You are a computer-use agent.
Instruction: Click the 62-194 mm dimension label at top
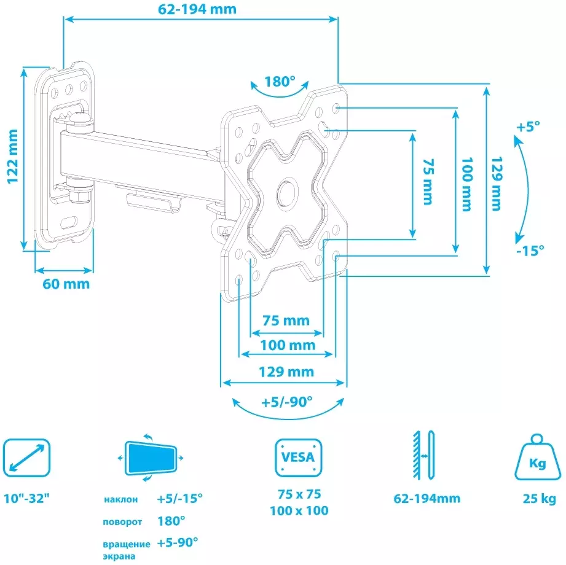point(197,9)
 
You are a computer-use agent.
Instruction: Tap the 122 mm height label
point(13,157)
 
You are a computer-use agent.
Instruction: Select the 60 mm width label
point(66,284)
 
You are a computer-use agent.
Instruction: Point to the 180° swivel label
point(280,82)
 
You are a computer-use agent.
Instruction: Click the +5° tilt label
point(528,127)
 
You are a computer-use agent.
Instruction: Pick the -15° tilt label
point(530,250)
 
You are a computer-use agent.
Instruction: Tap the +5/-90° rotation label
point(287,402)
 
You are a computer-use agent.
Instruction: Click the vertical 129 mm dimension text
point(497,184)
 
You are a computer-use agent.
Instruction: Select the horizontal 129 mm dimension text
point(286,372)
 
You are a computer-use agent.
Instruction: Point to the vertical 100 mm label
point(467,184)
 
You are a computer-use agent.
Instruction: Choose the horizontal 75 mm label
point(286,321)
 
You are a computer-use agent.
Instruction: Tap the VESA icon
point(299,458)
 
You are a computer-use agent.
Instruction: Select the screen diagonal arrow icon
point(26,458)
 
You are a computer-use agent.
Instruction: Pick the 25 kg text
point(540,499)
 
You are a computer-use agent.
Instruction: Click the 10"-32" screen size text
point(26,498)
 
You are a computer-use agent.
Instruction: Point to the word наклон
point(120,500)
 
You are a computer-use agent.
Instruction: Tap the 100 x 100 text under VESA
point(299,510)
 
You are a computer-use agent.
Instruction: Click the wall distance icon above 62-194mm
point(424,455)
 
